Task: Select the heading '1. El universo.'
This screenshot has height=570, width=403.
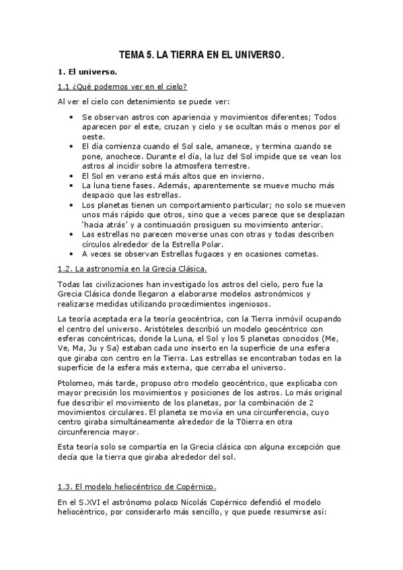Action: [87, 72]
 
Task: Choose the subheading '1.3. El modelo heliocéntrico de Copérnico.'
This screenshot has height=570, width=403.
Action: [137, 486]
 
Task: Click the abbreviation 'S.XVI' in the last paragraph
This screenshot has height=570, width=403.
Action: [85, 501]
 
